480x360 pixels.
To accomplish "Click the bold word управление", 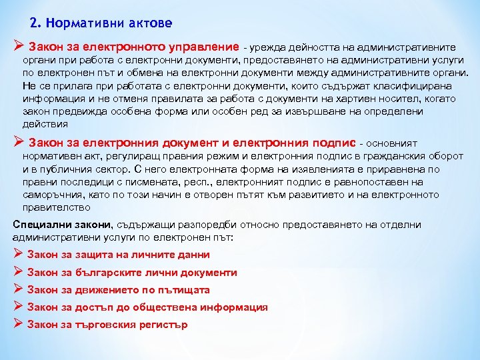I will tap(201, 47).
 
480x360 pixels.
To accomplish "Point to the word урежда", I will tap(267, 47).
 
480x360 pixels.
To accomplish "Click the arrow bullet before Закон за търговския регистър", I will tap(19, 325).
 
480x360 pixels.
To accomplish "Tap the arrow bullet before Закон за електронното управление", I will tap(19, 47).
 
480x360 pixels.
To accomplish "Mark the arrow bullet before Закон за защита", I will tap(19, 254).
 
